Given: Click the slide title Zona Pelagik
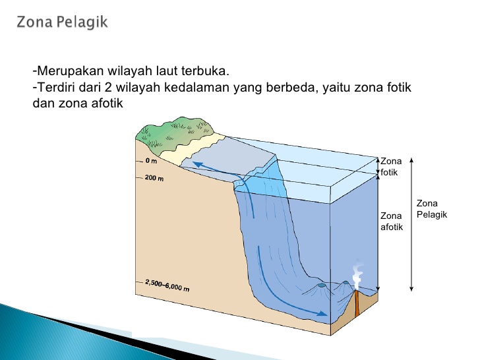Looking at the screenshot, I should pyautogui.click(x=63, y=22).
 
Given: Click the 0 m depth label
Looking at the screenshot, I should pyautogui.click(x=152, y=161).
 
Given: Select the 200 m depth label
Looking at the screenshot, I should pyautogui.click(x=154, y=178).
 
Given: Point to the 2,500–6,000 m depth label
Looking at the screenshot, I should pyautogui.click(x=167, y=285).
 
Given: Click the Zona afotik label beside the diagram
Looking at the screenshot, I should pyautogui.click(x=391, y=222).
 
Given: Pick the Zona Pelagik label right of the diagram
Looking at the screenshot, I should pyautogui.click(x=432, y=209).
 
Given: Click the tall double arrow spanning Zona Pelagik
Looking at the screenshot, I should pyautogui.click(x=411, y=224).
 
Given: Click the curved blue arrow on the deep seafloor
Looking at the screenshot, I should pyautogui.click(x=284, y=284).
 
